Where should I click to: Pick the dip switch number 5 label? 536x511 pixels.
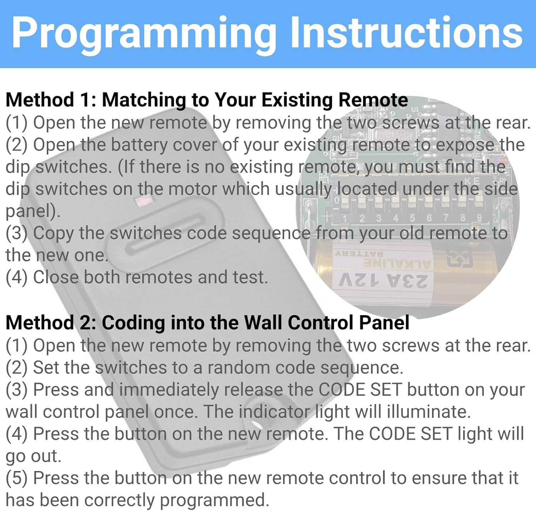(412, 218)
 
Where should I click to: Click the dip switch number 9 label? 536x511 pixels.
(480, 217)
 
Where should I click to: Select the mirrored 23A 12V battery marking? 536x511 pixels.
(383, 280)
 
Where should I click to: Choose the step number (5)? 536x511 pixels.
(16, 479)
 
